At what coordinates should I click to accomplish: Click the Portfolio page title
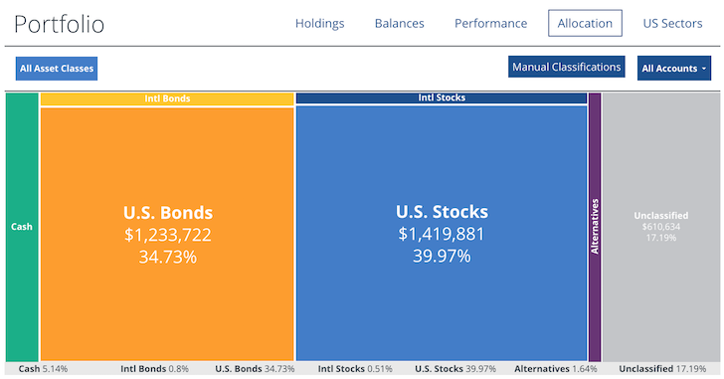click(x=60, y=25)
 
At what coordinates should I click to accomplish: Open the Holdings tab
click(x=319, y=23)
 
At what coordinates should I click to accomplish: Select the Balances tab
click(x=399, y=23)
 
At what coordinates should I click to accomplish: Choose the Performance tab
click(x=490, y=23)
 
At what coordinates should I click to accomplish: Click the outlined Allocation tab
click(x=585, y=23)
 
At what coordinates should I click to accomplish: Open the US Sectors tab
click(x=672, y=23)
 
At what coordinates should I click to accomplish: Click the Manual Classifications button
click(x=566, y=68)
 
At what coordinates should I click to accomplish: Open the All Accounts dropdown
click(x=674, y=69)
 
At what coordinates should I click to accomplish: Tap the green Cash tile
click(x=21, y=227)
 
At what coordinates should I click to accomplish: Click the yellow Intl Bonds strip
click(x=167, y=98)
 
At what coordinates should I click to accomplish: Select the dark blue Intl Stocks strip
click(x=441, y=98)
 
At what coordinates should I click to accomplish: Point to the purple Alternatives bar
click(x=595, y=227)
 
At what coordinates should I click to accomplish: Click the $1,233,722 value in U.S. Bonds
click(x=167, y=235)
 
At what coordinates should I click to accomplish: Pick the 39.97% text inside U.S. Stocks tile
click(x=442, y=256)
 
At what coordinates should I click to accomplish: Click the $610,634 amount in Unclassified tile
click(x=660, y=227)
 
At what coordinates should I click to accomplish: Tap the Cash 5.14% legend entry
click(x=43, y=368)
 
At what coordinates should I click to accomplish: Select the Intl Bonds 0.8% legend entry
click(x=154, y=368)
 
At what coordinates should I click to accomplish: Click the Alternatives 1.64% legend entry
click(x=556, y=368)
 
